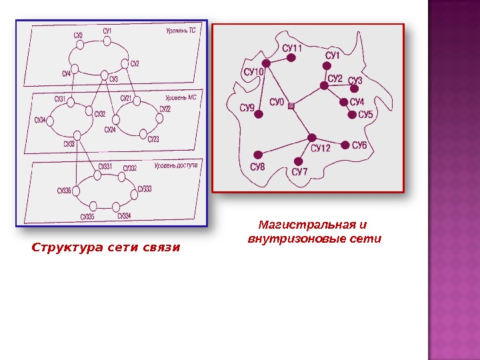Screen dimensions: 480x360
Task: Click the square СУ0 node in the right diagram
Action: [291, 104]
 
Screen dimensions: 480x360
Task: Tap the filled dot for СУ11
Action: [291, 58]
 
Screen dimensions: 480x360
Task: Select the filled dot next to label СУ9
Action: [259, 114]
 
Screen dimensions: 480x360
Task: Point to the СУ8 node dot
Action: [257, 155]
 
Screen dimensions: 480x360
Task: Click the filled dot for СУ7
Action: [299, 161]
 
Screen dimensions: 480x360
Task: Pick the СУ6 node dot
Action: [345, 145]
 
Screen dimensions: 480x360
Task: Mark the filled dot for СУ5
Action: [353, 115]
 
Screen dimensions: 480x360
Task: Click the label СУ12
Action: [321, 148]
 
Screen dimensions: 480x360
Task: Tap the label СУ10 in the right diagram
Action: [253, 71]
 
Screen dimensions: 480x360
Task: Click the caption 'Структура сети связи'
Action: [106, 248]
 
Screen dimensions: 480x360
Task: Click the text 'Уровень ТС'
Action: [181, 30]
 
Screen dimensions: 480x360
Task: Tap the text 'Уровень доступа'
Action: [176, 165]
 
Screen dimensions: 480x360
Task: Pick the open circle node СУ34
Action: [51, 120]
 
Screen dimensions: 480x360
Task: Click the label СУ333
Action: [145, 189]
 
